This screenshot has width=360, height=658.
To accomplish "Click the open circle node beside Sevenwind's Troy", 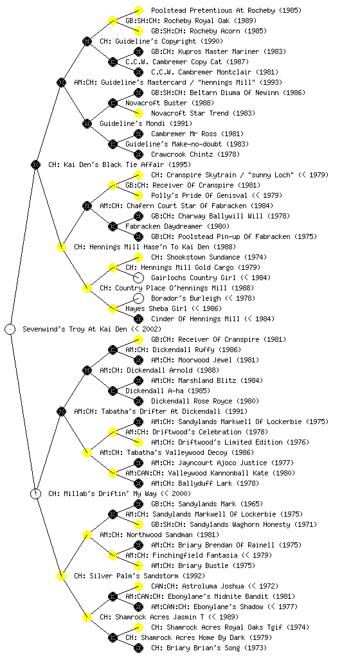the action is tap(10, 329).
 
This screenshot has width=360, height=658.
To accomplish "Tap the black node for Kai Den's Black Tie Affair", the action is tap(35, 164).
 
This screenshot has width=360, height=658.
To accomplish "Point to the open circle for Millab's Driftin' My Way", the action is tap(35, 493).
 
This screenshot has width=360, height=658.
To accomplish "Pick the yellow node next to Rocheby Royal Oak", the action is tap(113, 21).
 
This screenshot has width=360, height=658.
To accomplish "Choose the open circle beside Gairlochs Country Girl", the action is tap(138, 278).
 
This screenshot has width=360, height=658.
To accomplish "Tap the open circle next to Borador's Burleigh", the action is tap(138, 298).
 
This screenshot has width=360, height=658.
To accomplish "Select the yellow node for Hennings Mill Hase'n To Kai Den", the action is tap(61, 247).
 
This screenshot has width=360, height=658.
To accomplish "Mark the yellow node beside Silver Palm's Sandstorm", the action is tap(61, 576).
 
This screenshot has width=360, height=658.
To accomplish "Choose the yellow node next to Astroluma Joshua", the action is tap(138, 586).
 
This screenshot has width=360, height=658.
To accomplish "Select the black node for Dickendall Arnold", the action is tap(87, 370).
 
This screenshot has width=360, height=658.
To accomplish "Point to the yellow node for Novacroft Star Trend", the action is tap(138, 113).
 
